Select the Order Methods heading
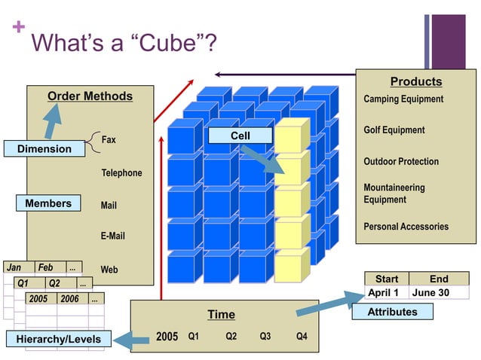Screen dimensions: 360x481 (90, 96)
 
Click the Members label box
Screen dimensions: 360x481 (48, 203)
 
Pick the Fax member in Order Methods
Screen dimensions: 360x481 (109, 140)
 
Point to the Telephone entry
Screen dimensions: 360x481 (121, 173)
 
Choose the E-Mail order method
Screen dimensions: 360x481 (113, 236)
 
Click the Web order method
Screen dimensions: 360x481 (109, 269)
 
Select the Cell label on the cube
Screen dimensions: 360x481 (240, 136)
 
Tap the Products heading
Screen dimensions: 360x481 (415, 81)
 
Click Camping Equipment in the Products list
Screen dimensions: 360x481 (403, 99)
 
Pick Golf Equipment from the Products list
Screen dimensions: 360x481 (394, 130)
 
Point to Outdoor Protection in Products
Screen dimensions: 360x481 (400, 162)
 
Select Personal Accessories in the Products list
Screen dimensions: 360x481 (406, 227)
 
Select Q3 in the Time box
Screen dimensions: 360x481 (265, 337)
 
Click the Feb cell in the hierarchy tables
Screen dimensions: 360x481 (46, 267)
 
